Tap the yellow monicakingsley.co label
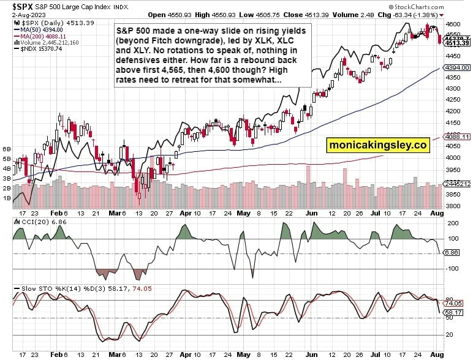376,145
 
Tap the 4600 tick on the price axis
453,24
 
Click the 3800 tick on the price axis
453,206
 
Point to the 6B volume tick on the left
8,149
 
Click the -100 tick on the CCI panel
452,268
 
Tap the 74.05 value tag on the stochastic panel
453,303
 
